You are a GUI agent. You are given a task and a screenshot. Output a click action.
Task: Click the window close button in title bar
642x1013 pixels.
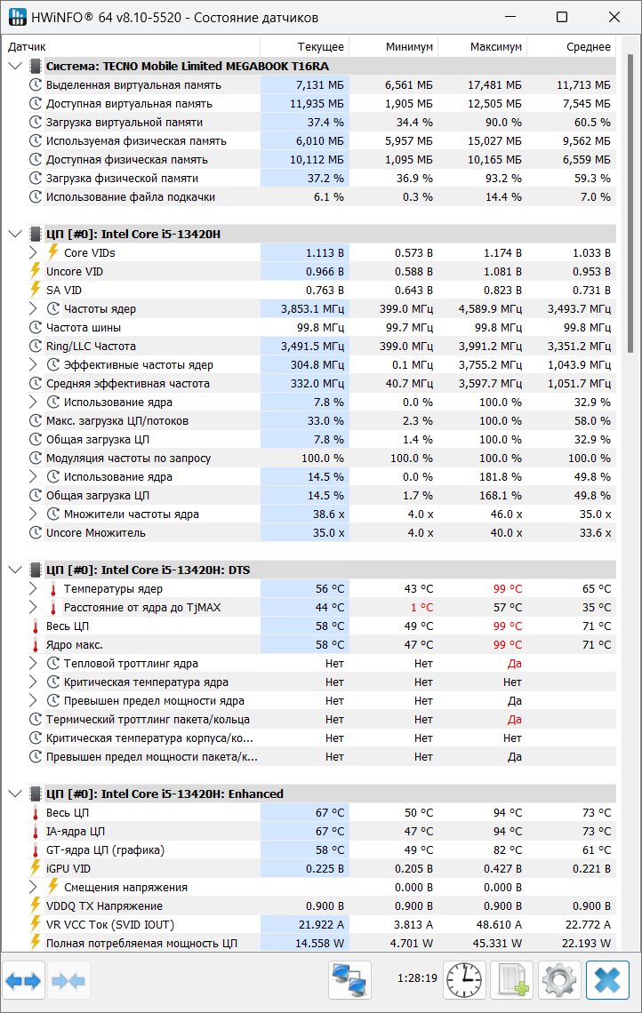614,18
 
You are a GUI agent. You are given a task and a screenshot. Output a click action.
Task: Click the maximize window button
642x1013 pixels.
562,18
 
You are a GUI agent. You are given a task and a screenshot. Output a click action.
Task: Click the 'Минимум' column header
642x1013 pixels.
409,46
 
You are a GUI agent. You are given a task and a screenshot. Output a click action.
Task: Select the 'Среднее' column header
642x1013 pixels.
589,46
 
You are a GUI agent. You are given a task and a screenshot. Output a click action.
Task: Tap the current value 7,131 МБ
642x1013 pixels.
319,84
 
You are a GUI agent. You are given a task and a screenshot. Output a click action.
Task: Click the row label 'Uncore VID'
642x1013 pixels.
75,271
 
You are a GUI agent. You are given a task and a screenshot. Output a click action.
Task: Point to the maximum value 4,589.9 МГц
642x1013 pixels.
490,309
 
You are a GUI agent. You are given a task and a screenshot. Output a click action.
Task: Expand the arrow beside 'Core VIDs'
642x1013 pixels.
34,252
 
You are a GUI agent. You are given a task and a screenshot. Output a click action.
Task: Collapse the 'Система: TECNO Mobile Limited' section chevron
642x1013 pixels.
15,66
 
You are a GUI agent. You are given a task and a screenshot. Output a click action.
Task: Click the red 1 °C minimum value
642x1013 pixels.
421,607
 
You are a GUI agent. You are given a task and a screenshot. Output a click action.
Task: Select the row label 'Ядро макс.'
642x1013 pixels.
75,645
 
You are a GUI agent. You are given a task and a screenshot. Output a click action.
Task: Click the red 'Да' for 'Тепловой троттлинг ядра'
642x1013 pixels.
515,664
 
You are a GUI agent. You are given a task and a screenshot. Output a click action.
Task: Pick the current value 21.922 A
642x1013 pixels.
321,924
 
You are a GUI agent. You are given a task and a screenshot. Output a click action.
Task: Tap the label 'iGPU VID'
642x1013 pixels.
68,868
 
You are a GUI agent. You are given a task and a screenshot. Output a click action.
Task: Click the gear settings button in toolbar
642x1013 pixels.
559,979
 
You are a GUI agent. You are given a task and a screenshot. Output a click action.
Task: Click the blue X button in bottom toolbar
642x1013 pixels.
607,979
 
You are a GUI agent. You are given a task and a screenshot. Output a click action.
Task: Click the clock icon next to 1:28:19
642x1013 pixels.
463,979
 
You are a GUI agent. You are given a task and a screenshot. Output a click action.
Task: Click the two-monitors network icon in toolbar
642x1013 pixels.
349,979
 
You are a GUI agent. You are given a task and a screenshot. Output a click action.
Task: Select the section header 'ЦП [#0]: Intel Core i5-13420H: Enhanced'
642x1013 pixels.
165,794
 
